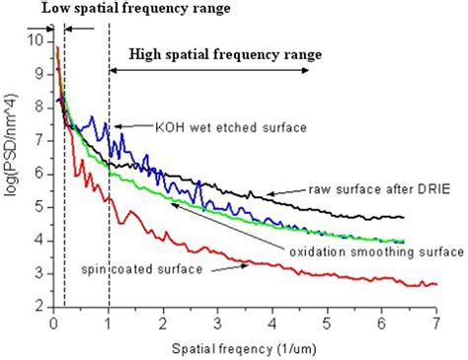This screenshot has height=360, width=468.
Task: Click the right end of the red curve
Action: pyautogui.click(x=435, y=284)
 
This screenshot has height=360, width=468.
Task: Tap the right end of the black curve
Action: pyautogui.click(x=404, y=217)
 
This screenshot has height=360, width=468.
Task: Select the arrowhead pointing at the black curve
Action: pyautogui.click(x=273, y=191)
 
